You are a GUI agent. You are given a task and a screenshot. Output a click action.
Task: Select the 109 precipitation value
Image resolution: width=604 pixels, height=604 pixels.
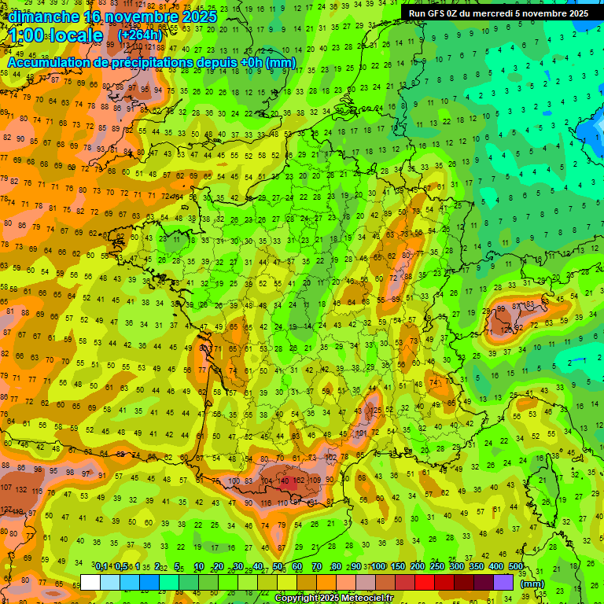tap(315, 480)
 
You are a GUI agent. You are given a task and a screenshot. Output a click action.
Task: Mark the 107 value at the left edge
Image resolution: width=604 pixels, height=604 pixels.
tap(6, 487)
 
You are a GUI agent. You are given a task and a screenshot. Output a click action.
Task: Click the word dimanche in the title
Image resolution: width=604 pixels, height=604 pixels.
tap(44, 17)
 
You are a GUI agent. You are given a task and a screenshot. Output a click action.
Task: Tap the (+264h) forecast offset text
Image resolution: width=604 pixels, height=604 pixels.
tap(140, 35)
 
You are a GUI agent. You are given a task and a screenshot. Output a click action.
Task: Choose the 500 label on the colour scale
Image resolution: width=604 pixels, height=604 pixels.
tap(516, 567)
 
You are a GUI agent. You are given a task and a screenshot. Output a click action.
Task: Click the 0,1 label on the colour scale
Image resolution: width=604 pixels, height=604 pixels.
tap(101, 567)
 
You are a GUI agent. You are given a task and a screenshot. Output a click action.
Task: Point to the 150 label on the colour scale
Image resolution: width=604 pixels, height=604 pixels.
tap(398, 567)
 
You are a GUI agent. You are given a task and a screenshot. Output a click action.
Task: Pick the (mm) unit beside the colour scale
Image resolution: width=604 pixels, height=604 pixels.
tap(532, 584)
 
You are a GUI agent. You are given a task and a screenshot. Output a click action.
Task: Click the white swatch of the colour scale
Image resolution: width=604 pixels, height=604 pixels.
tap(90, 582)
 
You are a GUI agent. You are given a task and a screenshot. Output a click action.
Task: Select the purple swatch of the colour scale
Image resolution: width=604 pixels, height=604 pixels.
tap(503, 582)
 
